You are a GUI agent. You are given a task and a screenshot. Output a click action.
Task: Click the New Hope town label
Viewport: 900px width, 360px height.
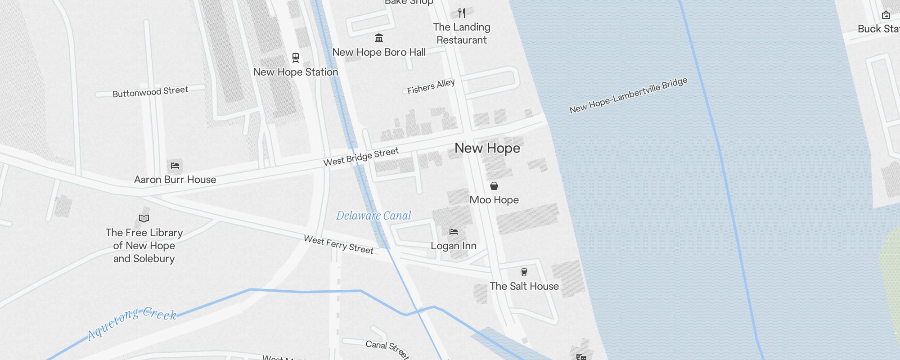pyautogui.click(x=487, y=148)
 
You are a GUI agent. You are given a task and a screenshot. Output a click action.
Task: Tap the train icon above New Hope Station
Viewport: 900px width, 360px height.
pyautogui.click(x=296, y=58)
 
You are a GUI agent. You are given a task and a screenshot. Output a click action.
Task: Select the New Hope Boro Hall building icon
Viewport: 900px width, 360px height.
pyautogui.click(x=379, y=38)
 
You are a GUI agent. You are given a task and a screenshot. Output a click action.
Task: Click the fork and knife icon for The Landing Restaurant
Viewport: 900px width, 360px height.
pyautogui.click(x=462, y=13)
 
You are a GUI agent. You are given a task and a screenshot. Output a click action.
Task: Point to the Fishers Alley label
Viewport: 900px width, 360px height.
pyautogui.click(x=431, y=86)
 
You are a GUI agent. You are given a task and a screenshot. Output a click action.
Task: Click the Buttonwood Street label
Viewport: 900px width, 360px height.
pyautogui.click(x=150, y=92)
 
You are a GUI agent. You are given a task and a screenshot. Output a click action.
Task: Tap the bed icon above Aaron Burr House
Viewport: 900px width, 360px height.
pyautogui.click(x=175, y=166)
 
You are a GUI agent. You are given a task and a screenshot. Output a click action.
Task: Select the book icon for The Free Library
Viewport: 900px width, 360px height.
pyautogui.click(x=144, y=219)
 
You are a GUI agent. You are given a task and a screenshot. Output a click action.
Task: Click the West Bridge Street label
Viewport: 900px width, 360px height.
pyautogui.click(x=361, y=157)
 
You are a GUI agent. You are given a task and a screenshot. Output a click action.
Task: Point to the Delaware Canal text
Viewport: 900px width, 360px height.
pyautogui.click(x=373, y=216)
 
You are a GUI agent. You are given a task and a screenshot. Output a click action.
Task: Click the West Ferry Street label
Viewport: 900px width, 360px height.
pyautogui.click(x=338, y=244)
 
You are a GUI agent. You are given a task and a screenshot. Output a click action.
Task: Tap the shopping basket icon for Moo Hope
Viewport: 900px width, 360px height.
pyautogui.click(x=494, y=186)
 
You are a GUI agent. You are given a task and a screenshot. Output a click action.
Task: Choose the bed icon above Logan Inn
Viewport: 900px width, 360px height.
pyautogui.click(x=454, y=232)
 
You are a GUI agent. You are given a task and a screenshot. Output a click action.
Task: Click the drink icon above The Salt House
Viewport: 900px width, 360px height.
pyautogui.click(x=524, y=272)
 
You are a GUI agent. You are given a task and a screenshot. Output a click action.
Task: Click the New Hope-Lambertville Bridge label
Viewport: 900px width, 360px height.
pyautogui.click(x=628, y=95)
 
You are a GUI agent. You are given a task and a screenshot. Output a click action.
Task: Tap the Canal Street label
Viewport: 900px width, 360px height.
pyautogui.click(x=387, y=349)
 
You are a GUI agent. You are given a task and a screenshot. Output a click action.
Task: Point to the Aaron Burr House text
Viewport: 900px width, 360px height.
pyautogui.click(x=175, y=180)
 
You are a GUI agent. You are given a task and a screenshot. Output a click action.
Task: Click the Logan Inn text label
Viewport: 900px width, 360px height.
pyautogui.click(x=454, y=246)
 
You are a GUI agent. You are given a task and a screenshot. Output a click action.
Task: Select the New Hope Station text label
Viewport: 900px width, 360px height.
pyautogui.click(x=296, y=72)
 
